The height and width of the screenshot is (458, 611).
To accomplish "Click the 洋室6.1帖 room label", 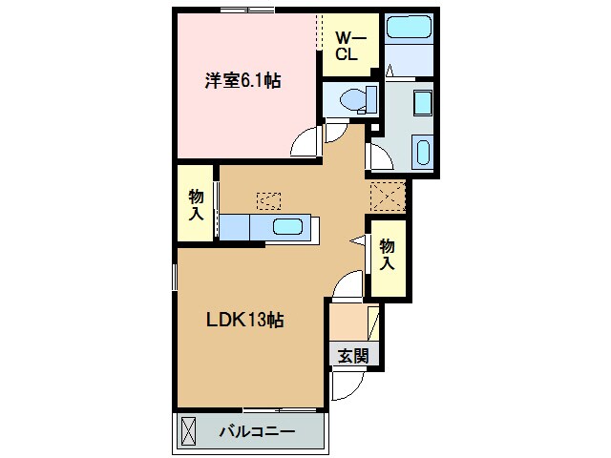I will click(x=242, y=82).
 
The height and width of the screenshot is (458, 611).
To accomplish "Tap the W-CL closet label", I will click(x=345, y=46).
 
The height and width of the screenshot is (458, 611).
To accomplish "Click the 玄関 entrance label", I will click(x=349, y=356).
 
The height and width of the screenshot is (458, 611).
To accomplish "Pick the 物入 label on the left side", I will click(x=196, y=204).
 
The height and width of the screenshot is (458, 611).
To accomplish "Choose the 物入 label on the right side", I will click(x=388, y=252).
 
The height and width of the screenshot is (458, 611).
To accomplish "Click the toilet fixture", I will click(x=354, y=98).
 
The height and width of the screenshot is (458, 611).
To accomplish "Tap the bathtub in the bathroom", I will click(x=408, y=29).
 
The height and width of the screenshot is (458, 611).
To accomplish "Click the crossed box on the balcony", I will click(x=188, y=431).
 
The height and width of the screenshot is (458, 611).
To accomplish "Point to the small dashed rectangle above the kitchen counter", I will click(x=269, y=200).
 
